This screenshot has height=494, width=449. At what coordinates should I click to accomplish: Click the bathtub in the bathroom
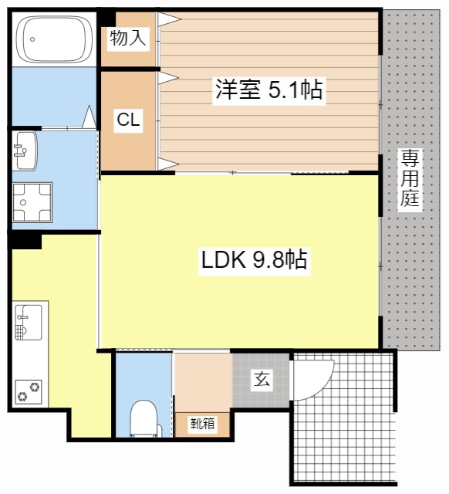click(53, 39)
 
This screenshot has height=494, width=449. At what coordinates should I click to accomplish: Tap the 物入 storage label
click(128, 38)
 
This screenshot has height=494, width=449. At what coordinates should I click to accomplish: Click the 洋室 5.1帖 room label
click(268, 90)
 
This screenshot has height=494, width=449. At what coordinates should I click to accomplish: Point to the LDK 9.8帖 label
click(255, 260)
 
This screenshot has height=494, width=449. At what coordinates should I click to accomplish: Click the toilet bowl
click(143, 418)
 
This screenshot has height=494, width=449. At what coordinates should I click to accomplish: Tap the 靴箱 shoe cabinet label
click(203, 423)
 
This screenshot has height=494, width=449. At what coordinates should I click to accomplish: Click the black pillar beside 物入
click(106, 18)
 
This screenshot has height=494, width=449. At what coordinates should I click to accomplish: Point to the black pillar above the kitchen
click(25, 240)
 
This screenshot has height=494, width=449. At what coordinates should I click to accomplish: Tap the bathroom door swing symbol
click(89, 117)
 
